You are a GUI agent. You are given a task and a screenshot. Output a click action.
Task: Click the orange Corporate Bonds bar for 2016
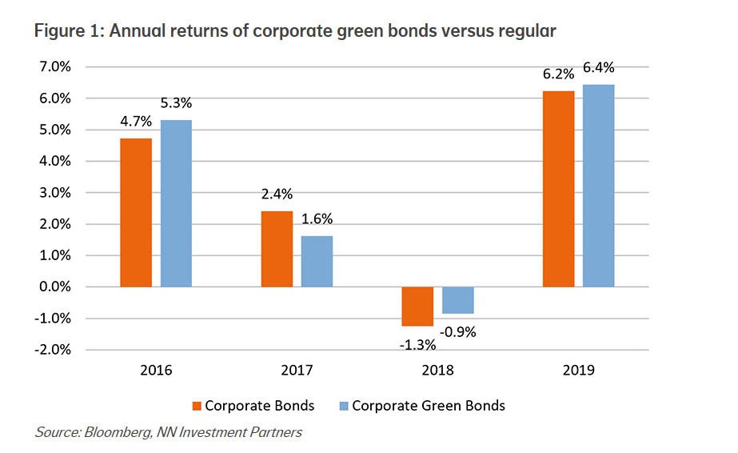[x=136, y=213]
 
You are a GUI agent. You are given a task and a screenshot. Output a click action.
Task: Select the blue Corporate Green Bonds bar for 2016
[x=176, y=203]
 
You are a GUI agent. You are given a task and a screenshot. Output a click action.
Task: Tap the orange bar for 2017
[x=277, y=249]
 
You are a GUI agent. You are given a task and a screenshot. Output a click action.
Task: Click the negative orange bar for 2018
[x=417, y=307]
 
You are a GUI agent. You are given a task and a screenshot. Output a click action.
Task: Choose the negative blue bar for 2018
[x=458, y=300]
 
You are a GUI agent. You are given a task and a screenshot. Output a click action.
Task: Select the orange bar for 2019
[x=558, y=189]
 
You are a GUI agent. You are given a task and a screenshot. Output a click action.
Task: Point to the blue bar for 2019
[x=598, y=186]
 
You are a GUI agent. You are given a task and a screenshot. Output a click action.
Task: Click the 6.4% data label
[x=598, y=68]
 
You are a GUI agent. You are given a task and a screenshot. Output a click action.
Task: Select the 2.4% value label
[x=277, y=193]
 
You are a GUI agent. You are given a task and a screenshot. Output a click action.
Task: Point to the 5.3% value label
[x=176, y=103]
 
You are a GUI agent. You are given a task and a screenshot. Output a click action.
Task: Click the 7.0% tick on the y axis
[x=54, y=66]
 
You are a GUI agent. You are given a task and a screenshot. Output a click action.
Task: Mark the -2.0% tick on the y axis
[x=53, y=350]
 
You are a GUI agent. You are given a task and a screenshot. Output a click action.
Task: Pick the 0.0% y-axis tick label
[x=54, y=287]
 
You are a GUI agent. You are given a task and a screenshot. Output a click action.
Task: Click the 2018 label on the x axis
[x=437, y=371]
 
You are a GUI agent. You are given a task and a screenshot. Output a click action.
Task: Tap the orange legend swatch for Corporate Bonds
[x=197, y=406]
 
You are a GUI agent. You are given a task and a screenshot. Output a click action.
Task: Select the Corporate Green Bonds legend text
[x=429, y=406]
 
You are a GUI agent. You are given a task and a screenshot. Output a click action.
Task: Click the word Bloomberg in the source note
[x=113, y=433]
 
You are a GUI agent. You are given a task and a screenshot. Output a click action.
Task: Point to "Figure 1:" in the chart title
[x=70, y=31]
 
